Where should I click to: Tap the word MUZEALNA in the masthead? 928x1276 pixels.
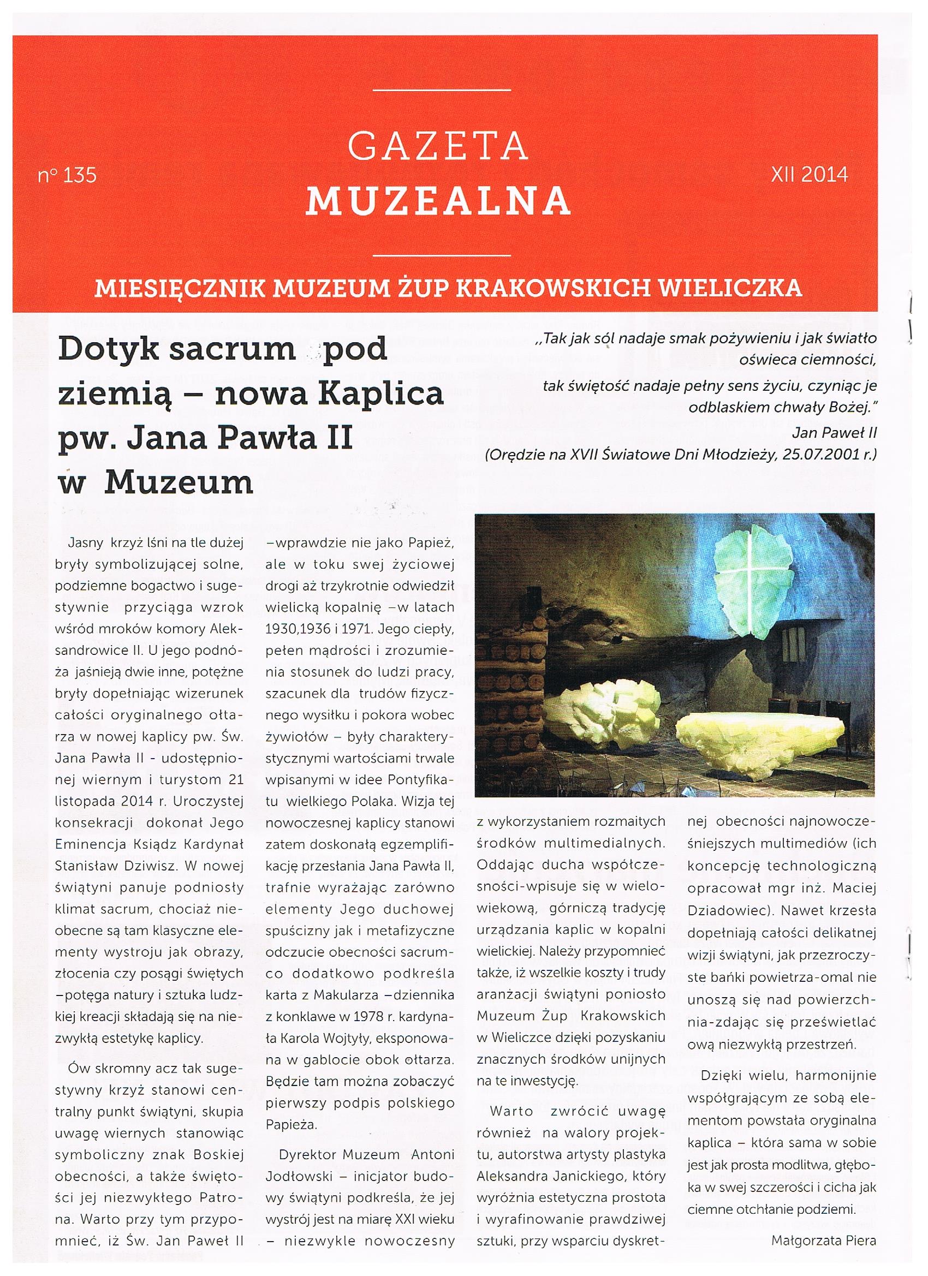pos(438,200)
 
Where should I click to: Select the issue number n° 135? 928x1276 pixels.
pos(68,176)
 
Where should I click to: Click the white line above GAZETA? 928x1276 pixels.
pos(442,91)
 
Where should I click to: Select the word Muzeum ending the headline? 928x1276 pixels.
pos(179,481)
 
